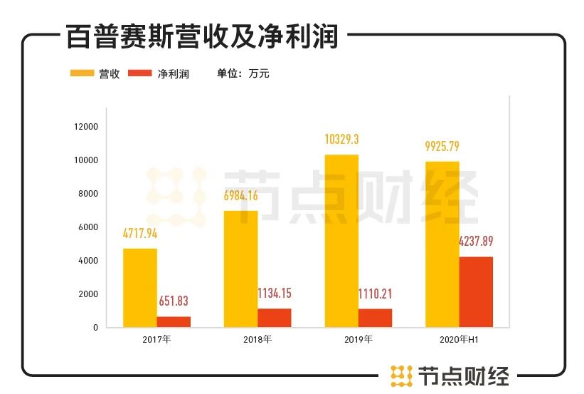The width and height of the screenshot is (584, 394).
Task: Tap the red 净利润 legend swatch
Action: (x=140, y=73)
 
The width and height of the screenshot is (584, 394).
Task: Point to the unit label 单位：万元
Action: (x=243, y=73)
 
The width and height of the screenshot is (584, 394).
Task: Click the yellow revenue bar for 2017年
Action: (x=139, y=287)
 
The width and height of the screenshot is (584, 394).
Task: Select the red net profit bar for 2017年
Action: (x=174, y=321)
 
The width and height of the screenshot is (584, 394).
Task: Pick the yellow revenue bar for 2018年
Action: (x=240, y=269)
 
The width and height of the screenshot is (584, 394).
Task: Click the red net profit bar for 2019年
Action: (x=375, y=318)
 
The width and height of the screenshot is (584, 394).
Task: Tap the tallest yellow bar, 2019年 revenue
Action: (x=341, y=241)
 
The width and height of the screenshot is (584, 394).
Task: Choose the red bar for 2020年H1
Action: (x=476, y=291)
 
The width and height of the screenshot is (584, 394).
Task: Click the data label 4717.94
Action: (x=140, y=232)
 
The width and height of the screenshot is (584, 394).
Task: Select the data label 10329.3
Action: (x=341, y=140)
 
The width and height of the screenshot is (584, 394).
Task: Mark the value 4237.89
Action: (x=476, y=242)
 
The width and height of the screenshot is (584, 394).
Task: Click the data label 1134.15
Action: (x=274, y=294)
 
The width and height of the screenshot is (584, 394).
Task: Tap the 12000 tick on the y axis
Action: (x=85, y=127)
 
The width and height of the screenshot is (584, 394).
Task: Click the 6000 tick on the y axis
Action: (x=88, y=227)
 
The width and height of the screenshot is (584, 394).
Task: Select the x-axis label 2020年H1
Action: (x=459, y=339)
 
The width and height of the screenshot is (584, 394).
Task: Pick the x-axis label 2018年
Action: (x=258, y=339)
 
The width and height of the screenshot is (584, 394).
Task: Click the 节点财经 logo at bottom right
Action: (x=450, y=375)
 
